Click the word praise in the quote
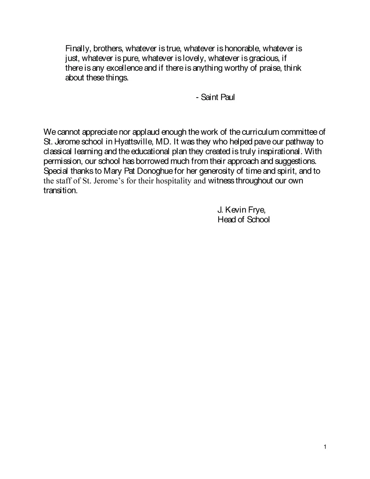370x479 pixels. [x=270, y=68]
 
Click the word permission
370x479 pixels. [x=64, y=161]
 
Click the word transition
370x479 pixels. [x=60, y=191]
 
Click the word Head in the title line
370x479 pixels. [x=227, y=220]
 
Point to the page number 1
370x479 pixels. [x=325, y=447]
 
